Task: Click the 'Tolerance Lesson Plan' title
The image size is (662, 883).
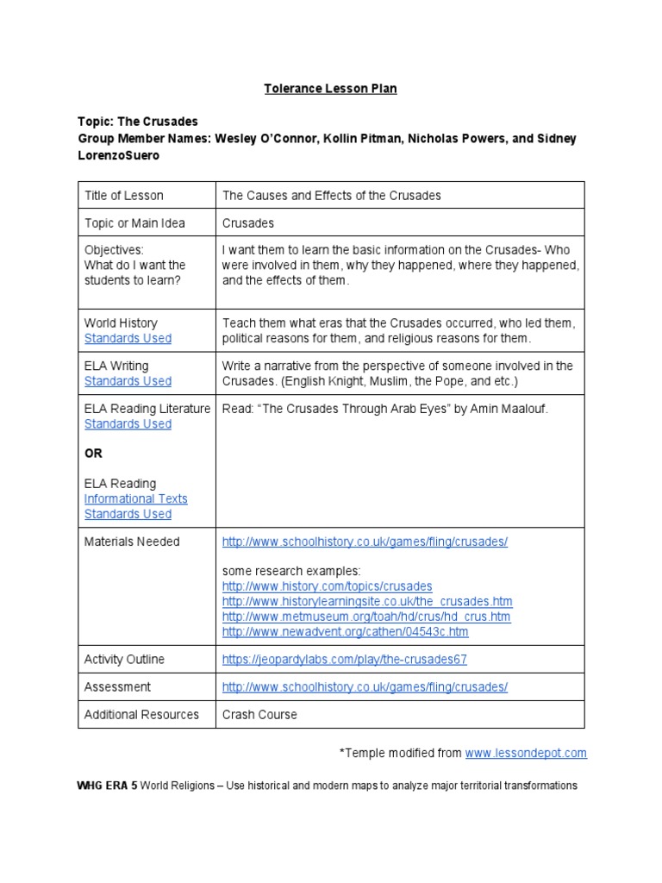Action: (330, 89)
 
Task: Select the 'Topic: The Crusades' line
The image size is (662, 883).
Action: (138, 122)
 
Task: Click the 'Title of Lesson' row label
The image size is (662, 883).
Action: (123, 195)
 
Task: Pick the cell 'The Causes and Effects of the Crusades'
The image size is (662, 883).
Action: (331, 195)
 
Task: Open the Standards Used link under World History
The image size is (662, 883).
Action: (128, 338)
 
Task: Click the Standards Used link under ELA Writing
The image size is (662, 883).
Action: (128, 381)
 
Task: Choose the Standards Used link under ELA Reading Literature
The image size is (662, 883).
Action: (128, 424)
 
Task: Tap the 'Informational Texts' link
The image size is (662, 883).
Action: (135, 498)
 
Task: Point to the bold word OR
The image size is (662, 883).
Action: (93, 453)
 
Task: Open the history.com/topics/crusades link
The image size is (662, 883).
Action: (327, 586)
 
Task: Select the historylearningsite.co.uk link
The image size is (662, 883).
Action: (366, 601)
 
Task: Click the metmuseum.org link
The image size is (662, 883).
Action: (365, 617)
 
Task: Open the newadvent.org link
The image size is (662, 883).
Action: (345, 632)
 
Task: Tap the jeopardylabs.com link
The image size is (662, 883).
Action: (344, 660)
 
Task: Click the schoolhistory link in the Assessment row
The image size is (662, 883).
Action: (365, 687)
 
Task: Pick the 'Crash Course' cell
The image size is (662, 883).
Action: (259, 715)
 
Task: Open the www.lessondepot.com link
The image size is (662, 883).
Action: (526, 753)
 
